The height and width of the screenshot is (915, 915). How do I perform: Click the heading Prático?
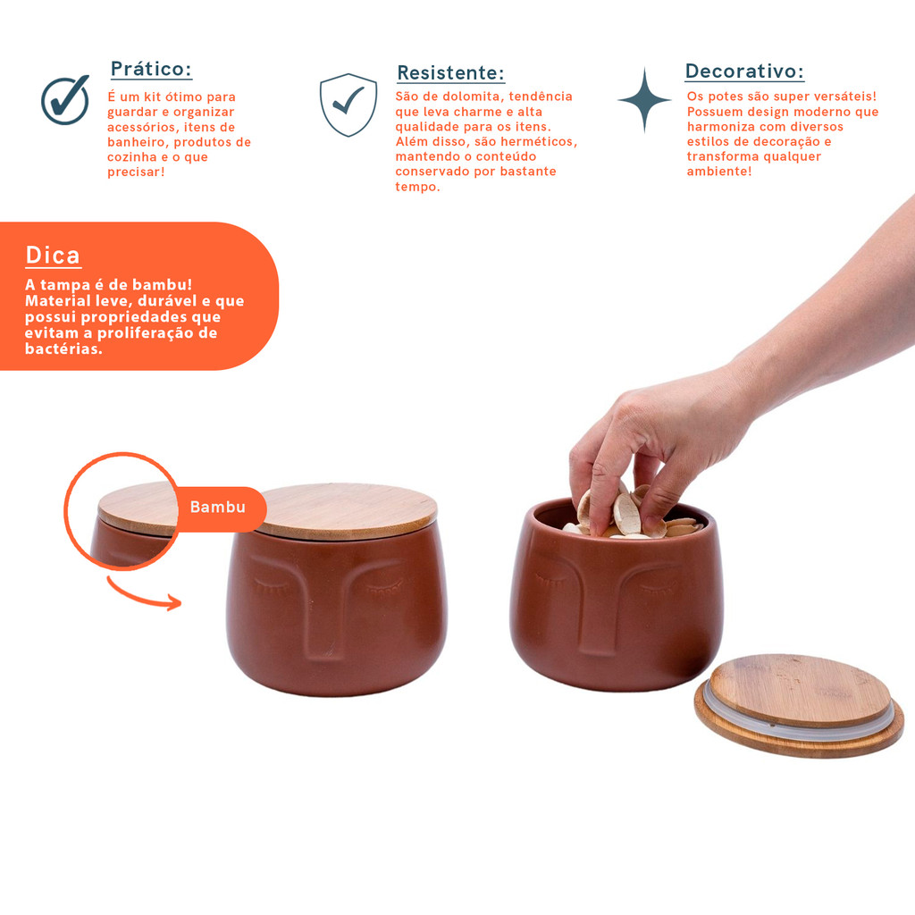(x=151, y=69)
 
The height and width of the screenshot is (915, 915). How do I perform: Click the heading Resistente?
(x=450, y=72)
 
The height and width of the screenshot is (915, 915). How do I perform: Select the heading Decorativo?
(x=744, y=71)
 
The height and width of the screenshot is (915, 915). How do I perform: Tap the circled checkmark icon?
(x=65, y=100)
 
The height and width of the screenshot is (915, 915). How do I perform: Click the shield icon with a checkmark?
(x=348, y=105)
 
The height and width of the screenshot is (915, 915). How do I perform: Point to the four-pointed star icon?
(x=644, y=100)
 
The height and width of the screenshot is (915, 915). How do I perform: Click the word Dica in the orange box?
(x=53, y=256)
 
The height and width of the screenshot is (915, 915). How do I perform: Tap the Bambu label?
(x=218, y=508)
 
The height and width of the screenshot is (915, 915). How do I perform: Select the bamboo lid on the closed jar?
(x=348, y=510)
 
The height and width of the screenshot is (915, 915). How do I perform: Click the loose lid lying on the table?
(x=799, y=706)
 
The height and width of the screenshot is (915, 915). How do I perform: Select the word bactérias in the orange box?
(x=63, y=348)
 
